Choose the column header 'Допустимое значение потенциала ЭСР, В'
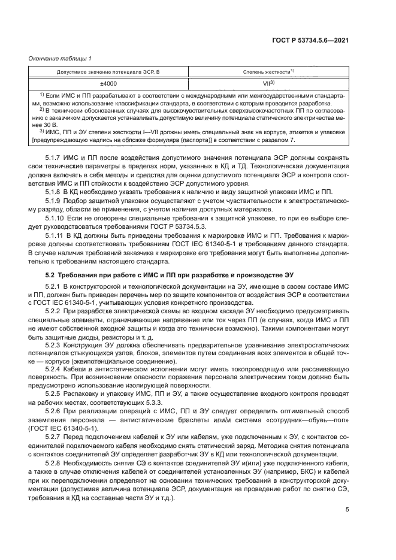coord(108,71)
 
